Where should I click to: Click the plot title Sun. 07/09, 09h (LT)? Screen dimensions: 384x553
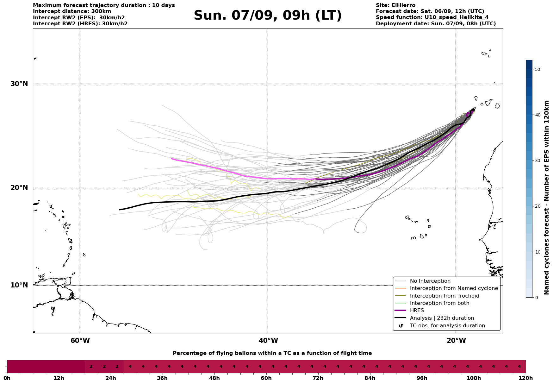click(268, 16)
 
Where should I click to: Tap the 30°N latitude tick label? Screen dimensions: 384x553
click(19, 84)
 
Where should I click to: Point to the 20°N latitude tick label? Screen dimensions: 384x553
click(19, 188)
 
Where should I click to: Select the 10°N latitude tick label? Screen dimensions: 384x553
click(19, 285)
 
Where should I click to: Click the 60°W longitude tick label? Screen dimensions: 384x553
click(80, 341)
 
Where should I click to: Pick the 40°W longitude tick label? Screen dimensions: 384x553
click(268, 341)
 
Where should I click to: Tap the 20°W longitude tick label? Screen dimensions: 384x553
click(456, 341)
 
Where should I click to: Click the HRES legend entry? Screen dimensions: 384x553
click(417, 311)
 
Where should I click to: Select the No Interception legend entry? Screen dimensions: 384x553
click(430, 281)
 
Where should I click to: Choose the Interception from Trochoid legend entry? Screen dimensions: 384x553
click(444, 296)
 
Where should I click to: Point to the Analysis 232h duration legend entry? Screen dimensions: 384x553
click(442, 318)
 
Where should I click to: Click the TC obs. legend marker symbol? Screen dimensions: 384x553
click(401, 326)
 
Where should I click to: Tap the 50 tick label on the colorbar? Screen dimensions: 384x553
click(537, 69)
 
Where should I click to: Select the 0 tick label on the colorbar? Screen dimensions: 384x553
click(536, 298)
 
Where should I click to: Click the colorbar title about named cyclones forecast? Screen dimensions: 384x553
click(546, 198)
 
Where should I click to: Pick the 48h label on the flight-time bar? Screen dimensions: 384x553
click(214, 378)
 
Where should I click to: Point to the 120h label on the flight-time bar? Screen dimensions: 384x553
click(525, 378)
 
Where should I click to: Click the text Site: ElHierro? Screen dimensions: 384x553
click(395, 5)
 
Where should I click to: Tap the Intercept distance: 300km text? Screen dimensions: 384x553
click(72, 11)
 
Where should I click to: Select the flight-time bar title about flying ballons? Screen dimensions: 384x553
click(272, 353)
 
